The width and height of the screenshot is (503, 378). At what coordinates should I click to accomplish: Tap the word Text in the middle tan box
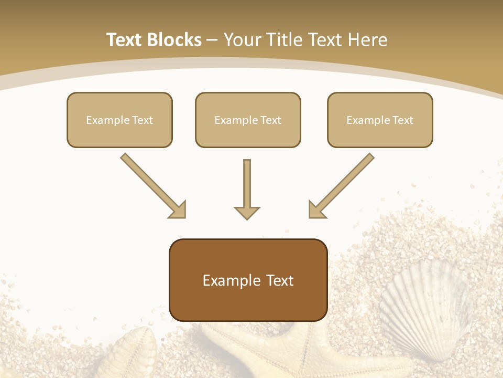(270, 120)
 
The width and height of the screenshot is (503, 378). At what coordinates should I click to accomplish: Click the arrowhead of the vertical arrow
(247, 213)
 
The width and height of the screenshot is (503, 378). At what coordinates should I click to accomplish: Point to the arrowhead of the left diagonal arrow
(178, 210)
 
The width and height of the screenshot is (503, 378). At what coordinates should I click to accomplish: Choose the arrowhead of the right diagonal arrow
(316, 210)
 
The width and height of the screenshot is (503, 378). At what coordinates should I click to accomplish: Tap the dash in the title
(212, 40)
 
